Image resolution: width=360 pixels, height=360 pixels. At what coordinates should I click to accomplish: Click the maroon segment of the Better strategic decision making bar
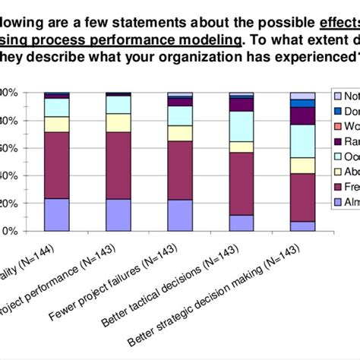[302, 197]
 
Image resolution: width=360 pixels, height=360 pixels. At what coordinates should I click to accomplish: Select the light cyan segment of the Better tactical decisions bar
[242, 126]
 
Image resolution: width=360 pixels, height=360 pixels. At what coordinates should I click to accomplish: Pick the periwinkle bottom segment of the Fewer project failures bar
[180, 215]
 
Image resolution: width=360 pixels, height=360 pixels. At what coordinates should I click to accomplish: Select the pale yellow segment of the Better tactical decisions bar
[242, 147]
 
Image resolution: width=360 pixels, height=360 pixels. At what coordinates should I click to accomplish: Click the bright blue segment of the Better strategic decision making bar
[302, 103]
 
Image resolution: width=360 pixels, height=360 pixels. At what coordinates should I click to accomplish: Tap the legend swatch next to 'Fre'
[337, 186]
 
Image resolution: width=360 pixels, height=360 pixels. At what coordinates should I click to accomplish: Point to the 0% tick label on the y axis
[9, 232]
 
